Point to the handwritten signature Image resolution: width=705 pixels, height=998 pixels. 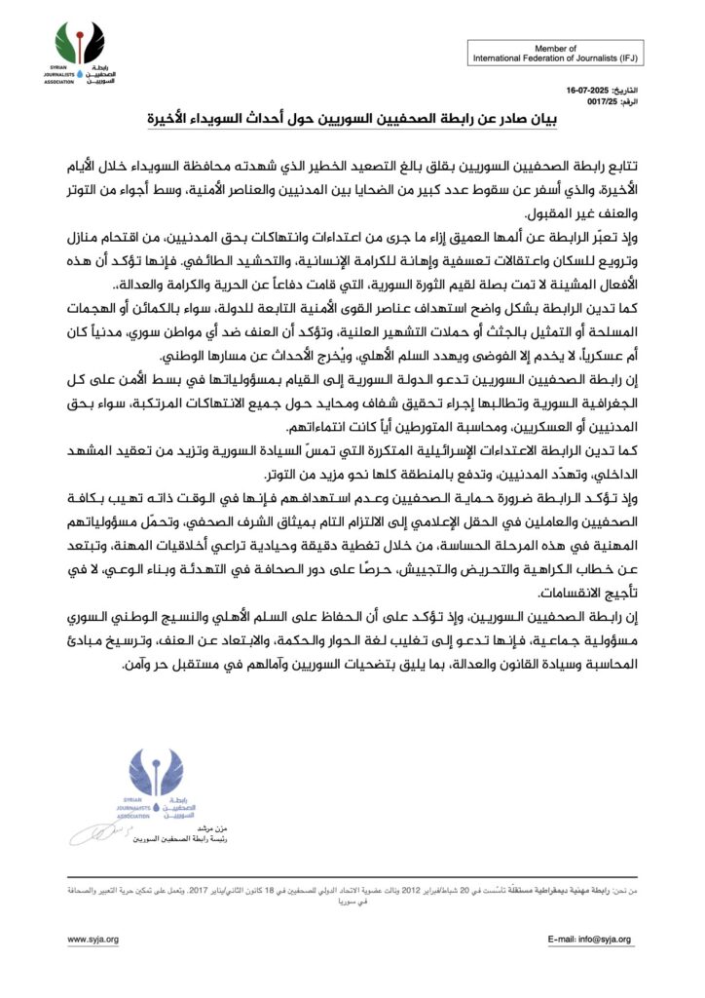click(97, 834)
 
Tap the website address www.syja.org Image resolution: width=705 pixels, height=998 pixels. click(93, 940)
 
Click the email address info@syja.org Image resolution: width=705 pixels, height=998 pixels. click(590, 940)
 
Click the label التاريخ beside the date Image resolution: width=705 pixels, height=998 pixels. click(626, 89)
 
